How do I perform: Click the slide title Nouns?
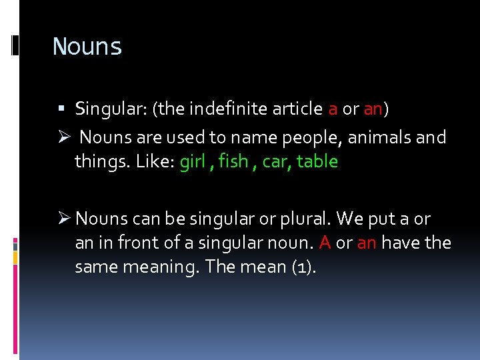point(87,47)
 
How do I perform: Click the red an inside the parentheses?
point(372,109)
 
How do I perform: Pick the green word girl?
point(192,162)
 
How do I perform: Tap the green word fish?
point(233,162)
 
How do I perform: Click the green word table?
point(317,162)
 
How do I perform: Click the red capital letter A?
point(325,243)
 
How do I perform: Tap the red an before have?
point(367,243)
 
